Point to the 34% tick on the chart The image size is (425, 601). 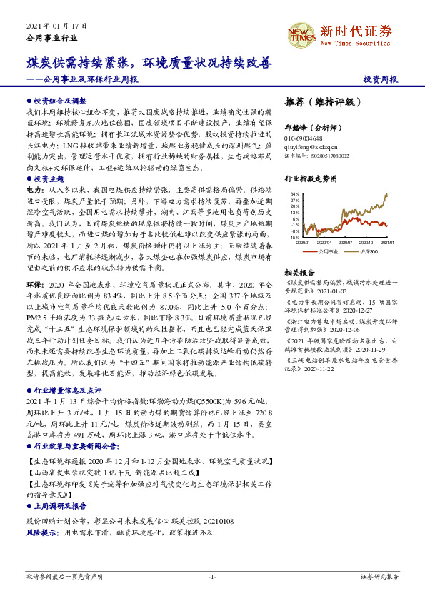[x=294, y=193]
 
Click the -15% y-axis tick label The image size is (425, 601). [x=294, y=237]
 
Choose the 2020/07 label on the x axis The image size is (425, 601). [x=349, y=242]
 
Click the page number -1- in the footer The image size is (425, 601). [x=212, y=576]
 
